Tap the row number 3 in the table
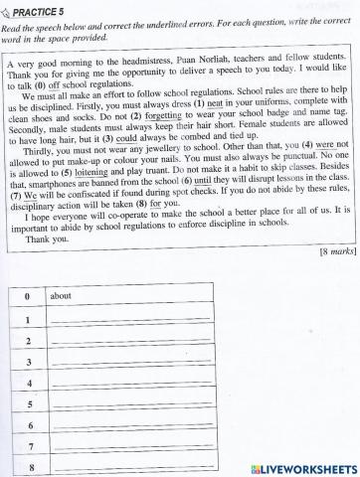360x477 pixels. pyautogui.click(x=28, y=362)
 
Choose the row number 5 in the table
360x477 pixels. pyautogui.click(x=29, y=404)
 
